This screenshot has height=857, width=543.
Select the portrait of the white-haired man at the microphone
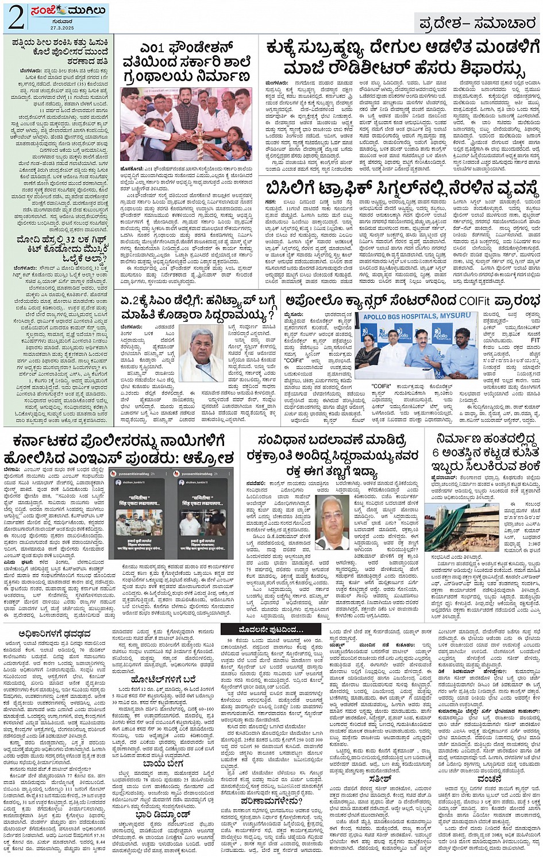click(201, 352)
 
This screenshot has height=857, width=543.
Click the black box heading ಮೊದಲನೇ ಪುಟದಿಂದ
click(267, 631)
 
